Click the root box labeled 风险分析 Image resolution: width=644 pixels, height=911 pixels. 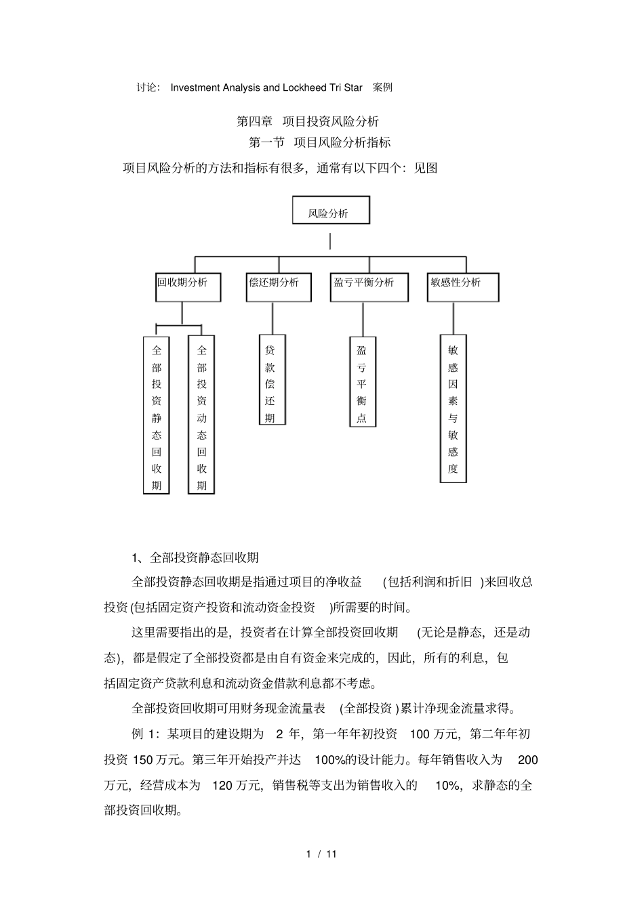331,211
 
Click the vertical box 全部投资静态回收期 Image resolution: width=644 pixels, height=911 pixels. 157,415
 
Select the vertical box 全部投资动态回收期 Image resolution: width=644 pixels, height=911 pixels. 201,415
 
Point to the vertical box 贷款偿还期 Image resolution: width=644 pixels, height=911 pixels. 270,381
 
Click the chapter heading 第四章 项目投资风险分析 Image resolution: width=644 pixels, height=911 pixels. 307,121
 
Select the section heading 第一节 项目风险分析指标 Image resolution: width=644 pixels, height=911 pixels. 320,142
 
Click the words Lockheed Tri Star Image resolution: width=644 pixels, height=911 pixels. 325,87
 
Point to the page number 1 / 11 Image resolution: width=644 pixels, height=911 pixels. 321,853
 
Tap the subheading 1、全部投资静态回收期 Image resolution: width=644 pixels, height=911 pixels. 195,557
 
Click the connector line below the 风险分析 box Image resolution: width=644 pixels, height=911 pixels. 330,241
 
